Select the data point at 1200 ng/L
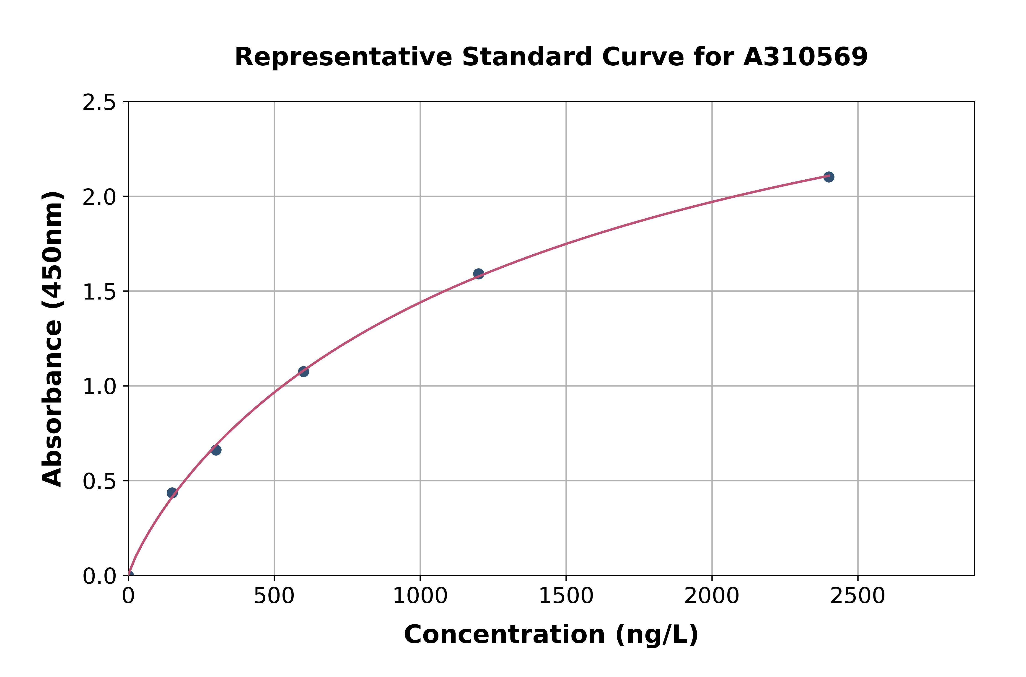click(478, 274)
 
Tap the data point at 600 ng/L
click(303, 371)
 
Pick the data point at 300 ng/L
click(216, 450)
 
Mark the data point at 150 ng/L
click(172, 493)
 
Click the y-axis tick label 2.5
click(99, 103)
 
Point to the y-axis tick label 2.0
click(99, 197)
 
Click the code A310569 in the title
click(805, 57)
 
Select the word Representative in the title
click(343, 57)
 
